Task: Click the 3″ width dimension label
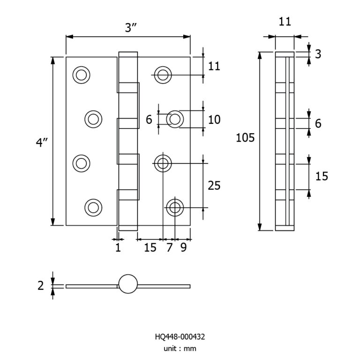tap(130, 28)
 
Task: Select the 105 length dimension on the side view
tap(245, 138)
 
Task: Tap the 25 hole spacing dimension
tap(214, 186)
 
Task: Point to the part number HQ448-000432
tap(180, 337)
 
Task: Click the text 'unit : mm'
tap(180, 348)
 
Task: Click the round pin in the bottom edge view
tap(128, 284)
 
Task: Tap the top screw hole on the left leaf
tap(82, 75)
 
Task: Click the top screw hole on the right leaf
tap(163, 75)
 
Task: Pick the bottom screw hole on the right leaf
tap(174, 207)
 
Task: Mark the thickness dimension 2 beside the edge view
tap(41, 285)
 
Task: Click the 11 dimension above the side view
tap(285, 22)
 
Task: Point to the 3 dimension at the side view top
tap(318, 54)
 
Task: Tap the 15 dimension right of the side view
tap(322, 176)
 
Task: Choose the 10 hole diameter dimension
tap(214, 120)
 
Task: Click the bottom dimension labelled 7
tap(169, 247)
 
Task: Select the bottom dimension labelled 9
tap(183, 247)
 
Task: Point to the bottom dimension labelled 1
tap(118, 247)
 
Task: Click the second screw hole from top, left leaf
tap(93, 119)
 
